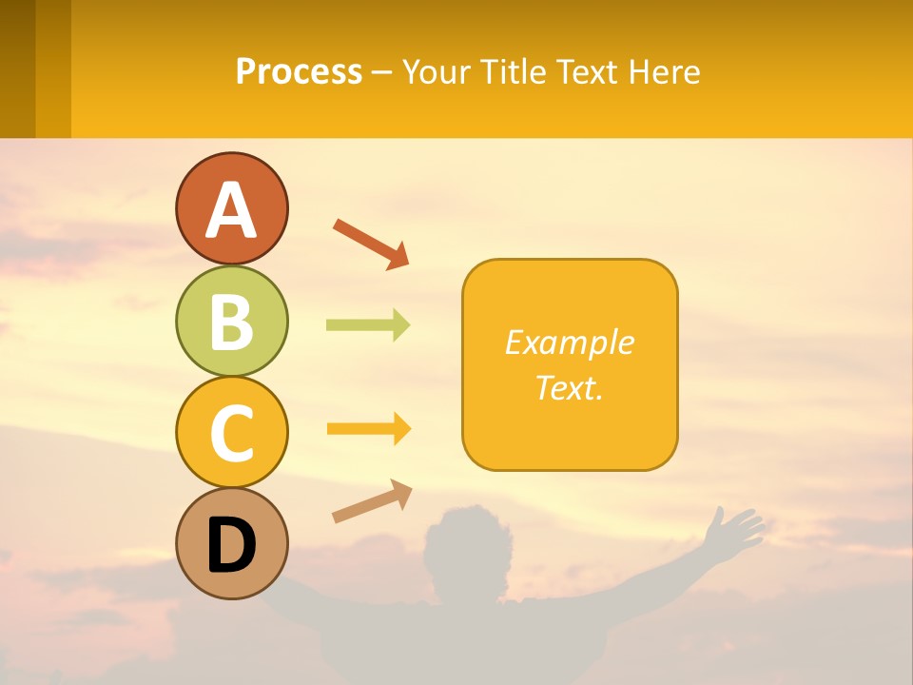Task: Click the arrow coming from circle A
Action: (x=371, y=244)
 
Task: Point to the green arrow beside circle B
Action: (x=368, y=325)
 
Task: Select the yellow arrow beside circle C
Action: (x=368, y=429)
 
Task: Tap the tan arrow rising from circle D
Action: (x=372, y=500)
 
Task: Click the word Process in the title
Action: (x=299, y=71)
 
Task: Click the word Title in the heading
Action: (x=514, y=71)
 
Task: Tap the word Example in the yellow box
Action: (x=569, y=342)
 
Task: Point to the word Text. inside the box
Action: (x=569, y=388)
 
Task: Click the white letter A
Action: (x=232, y=211)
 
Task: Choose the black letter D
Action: (x=232, y=545)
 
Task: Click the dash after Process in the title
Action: (x=382, y=72)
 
